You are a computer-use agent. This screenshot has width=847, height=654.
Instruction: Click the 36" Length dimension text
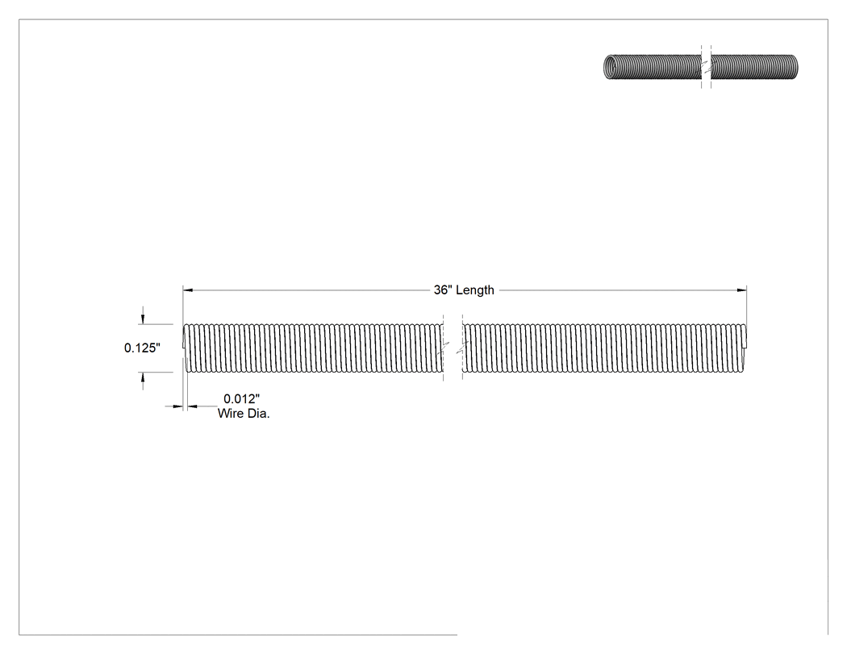click(x=464, y=290)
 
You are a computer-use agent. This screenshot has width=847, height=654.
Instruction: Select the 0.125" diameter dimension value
click(x=142, y=348)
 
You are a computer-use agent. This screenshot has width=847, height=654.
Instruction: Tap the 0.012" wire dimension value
click(x=241, y=398)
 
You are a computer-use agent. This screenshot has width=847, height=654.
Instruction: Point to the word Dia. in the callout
click(x=258, y=414)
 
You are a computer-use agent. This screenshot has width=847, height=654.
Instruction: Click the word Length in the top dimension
click(x=475, y=290)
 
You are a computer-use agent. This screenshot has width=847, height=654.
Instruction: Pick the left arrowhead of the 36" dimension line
click(x=187, y=290)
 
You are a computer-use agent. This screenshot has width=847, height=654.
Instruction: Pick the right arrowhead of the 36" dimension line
click(x=741, y=290)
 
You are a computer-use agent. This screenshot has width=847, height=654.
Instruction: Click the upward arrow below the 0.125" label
click(x=143, y=381)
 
